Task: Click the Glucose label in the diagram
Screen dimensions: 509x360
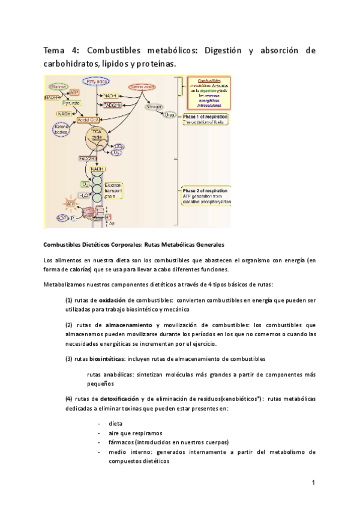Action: (x=59, y=87)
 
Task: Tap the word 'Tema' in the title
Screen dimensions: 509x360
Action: (x=56, y=50)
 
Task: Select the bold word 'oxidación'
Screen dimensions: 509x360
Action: (x=112, y=300)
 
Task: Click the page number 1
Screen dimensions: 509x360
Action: (x=313, y=483)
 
